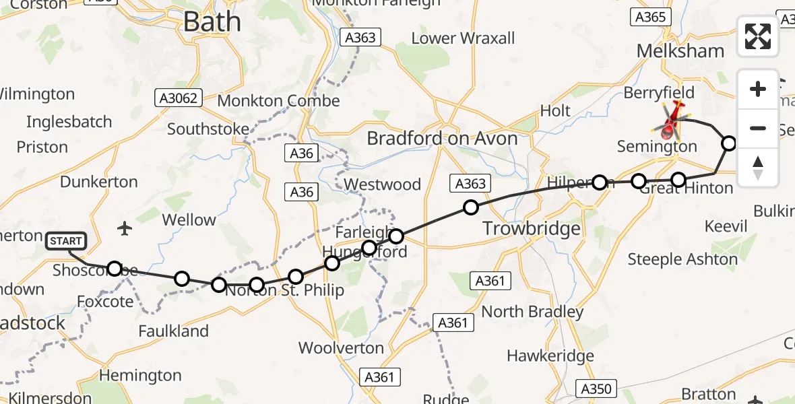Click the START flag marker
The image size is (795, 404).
pos(66,241)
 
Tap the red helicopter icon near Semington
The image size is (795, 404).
pos(671,121)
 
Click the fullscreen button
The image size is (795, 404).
pos(758,36)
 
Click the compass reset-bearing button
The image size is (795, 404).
pos(758,168)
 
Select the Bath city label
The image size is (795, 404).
pos(212,22)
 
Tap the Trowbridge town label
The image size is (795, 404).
pos(532,229)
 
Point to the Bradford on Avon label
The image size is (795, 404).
pos(442,139)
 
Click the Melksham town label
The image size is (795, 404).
pos(680,51)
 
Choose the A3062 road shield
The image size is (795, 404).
pos(179,99)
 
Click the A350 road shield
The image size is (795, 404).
pos(596,389)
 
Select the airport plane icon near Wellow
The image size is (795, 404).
pos(124,228)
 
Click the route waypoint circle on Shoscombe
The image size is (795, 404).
pos(115,269)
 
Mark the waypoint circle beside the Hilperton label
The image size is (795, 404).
pos(600,182)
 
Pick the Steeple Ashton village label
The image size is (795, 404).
pos(682,259)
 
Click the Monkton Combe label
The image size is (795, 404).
pos(279,101)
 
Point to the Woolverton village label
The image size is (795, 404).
pos(341,348)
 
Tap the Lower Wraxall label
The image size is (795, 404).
pos(463,38)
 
